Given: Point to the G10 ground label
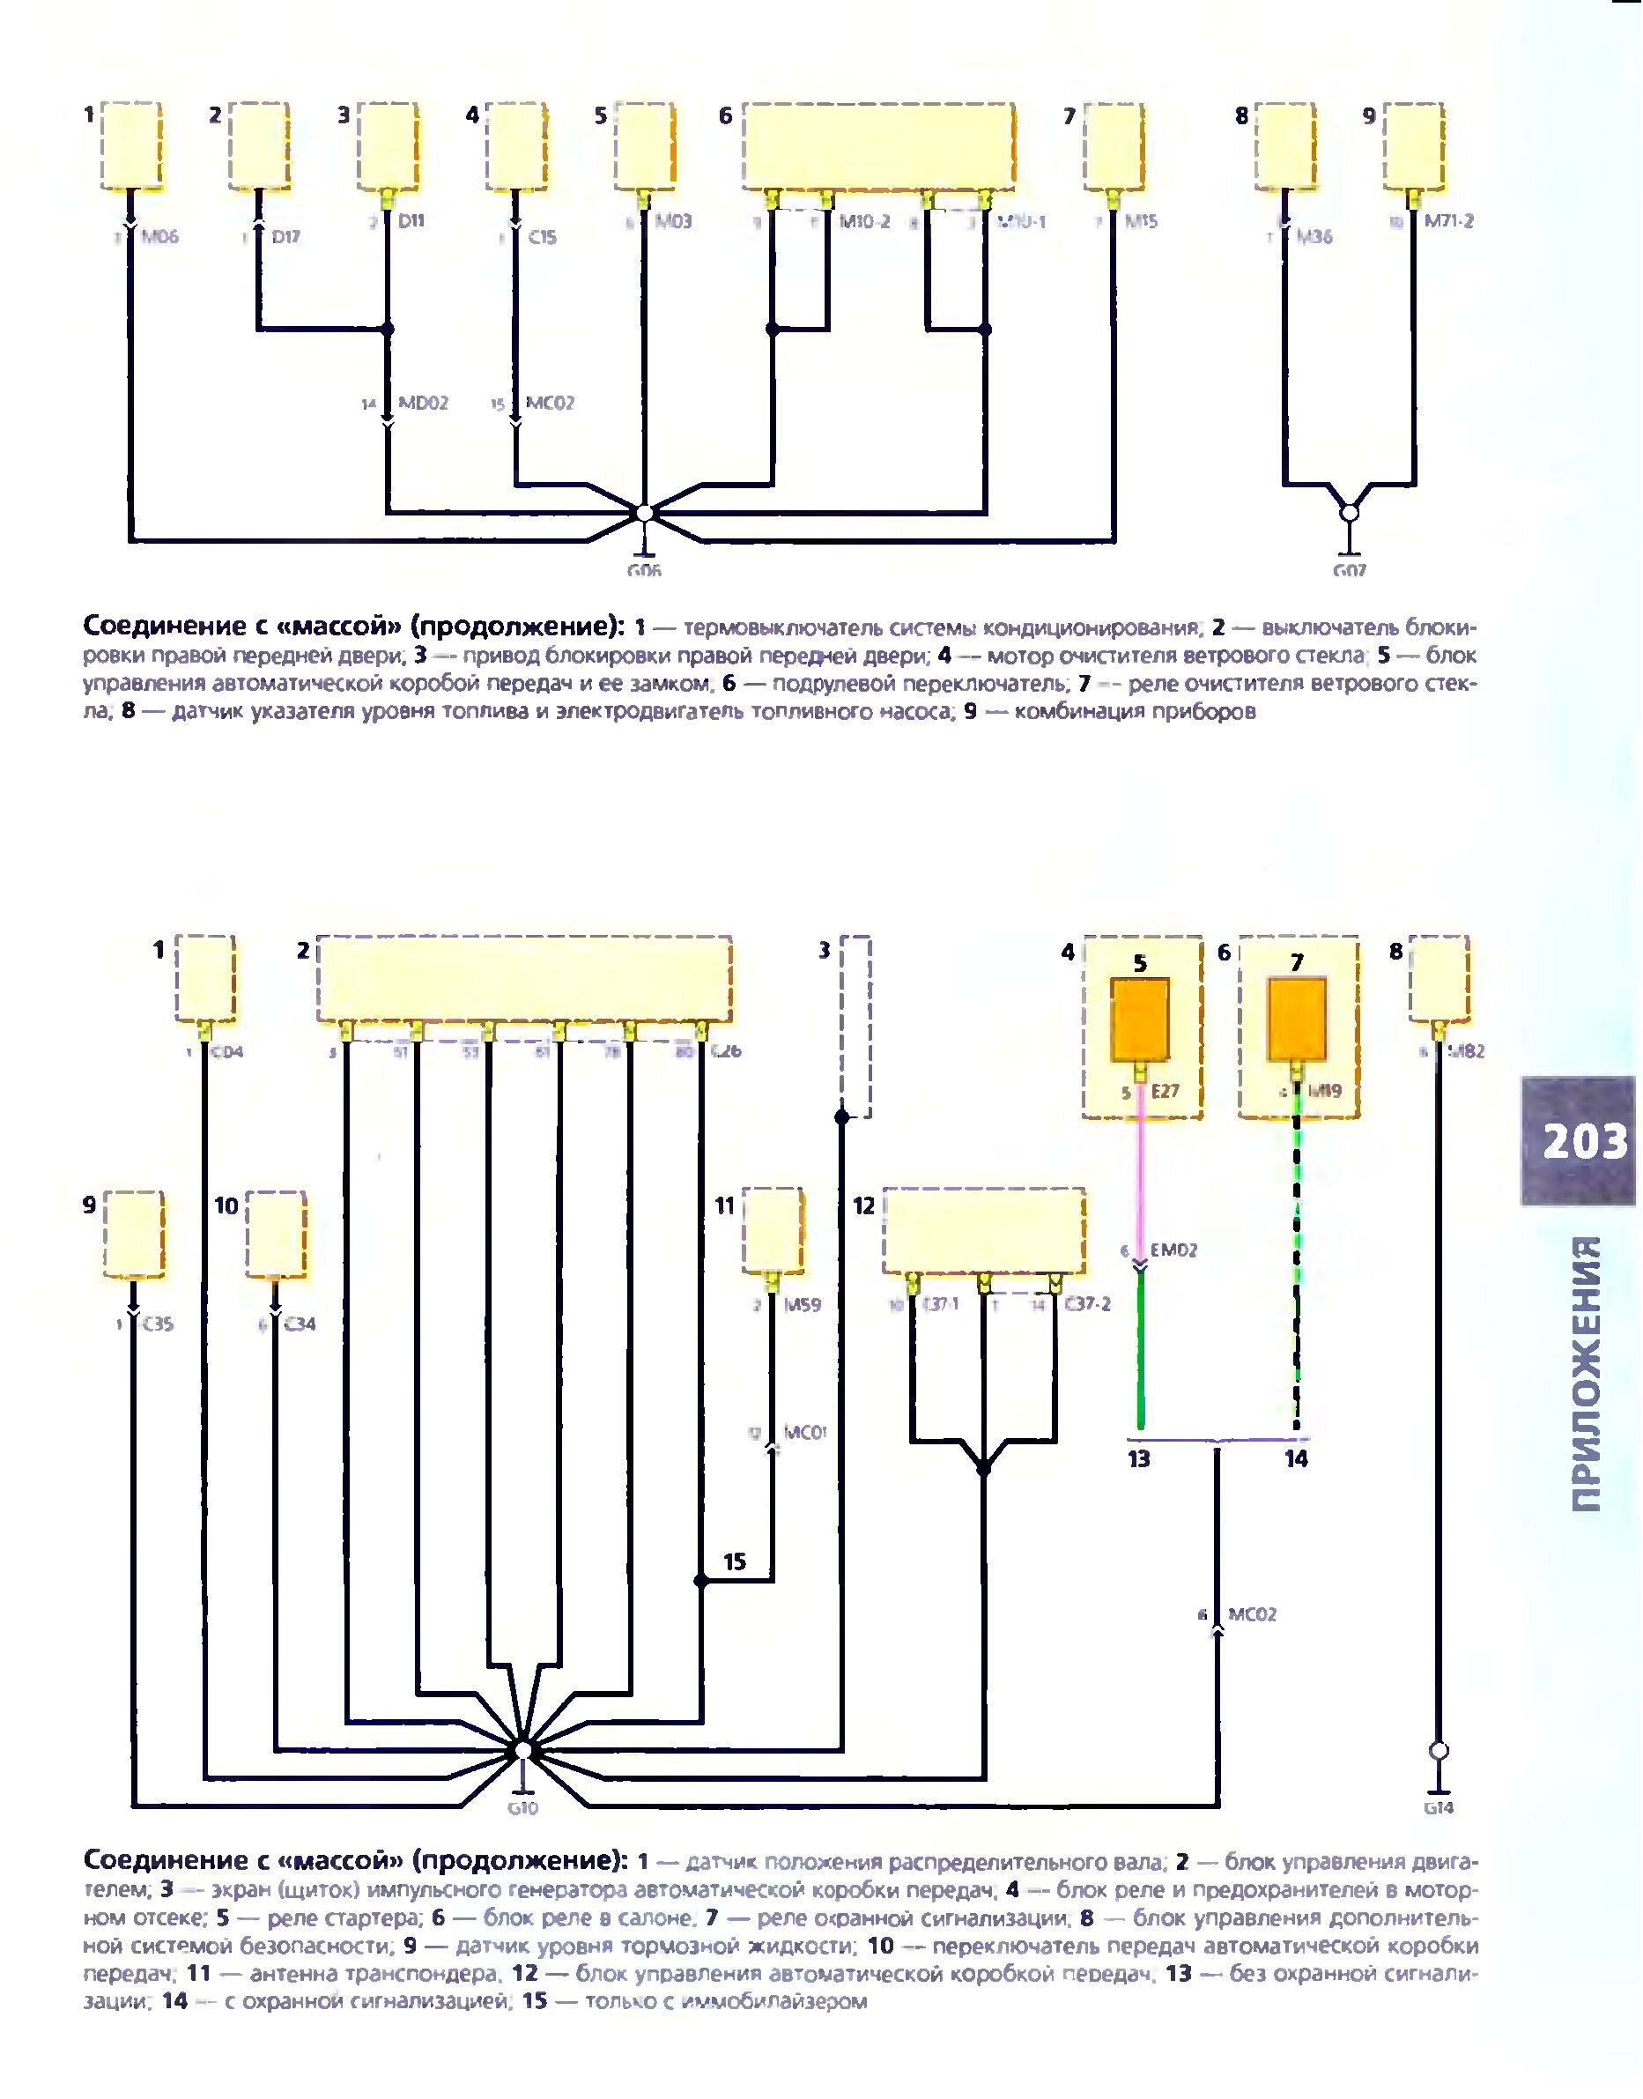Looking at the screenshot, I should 522,1808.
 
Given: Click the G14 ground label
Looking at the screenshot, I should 1439,1808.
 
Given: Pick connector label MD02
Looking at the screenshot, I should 423,403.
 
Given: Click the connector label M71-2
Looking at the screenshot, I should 1448,221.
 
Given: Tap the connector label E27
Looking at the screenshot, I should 1164,1092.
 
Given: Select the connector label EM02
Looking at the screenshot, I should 1173,1250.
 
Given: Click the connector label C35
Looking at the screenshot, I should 159,1324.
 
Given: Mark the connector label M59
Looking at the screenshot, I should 803,1305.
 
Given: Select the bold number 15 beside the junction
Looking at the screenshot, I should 735,1561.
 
